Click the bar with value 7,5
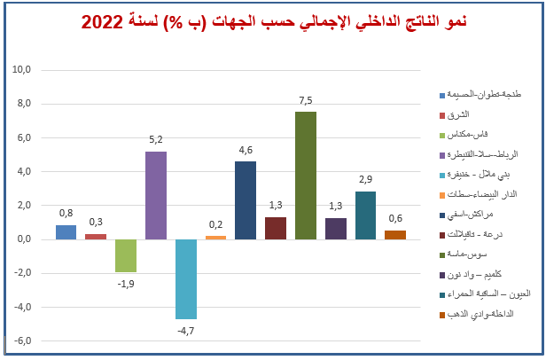(x=306, y=176)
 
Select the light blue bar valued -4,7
(x=186, y=278)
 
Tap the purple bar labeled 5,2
(x=156, y=195)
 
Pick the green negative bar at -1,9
(x=126, y=255)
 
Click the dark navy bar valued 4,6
(x=246, y=200)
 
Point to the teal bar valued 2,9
(x=365, y=215)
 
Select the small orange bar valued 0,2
(x=215, y=237)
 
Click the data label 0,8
(x=66, y=213)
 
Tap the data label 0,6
(x=395, y=218)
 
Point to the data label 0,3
(x=96, y=222)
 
